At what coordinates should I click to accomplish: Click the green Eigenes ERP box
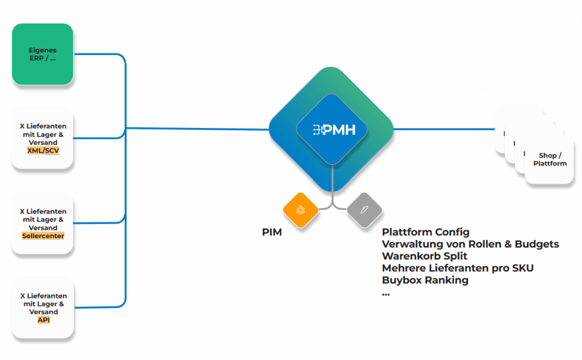pos(43,54)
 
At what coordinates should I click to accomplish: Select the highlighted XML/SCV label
pos(43,151)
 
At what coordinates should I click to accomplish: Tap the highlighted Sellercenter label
pos(43,236)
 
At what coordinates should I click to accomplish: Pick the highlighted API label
pos(43,320)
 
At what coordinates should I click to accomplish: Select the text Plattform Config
pos(426,232)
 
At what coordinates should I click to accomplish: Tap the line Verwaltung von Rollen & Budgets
pos(471,244)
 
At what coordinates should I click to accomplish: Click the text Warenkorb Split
pos(424,256)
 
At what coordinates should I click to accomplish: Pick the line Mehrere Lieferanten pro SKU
pos(458,268)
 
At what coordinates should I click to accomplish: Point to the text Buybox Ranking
pos(425,280)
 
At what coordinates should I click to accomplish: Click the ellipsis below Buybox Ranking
pos(386,293)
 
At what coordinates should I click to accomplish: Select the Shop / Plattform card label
pos(550,159)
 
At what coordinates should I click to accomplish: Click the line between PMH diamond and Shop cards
pos(443,129)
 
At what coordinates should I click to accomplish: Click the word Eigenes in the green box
pos(43,51)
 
